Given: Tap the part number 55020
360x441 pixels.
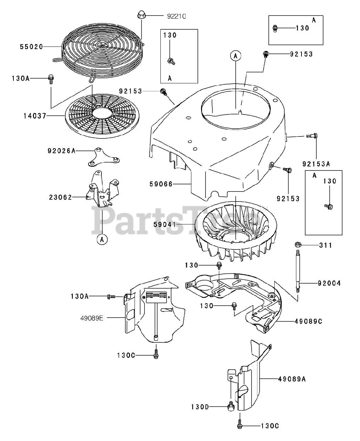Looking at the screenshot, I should coord(31,47).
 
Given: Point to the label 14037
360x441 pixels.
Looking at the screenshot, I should coord(35,116).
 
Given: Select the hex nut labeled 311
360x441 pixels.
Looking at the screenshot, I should coord(298,245).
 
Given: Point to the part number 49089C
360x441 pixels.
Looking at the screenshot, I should coord(308,321).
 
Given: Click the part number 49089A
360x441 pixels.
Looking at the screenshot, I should coord(292,379).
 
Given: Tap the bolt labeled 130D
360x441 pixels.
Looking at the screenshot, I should coord(231,407).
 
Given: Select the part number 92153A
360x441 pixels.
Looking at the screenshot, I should coord(316,164).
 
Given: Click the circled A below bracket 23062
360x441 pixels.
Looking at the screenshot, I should coord(102,239).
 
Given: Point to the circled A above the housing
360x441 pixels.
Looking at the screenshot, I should coord(235,55).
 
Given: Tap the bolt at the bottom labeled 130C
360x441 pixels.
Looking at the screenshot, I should coord(240,426).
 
